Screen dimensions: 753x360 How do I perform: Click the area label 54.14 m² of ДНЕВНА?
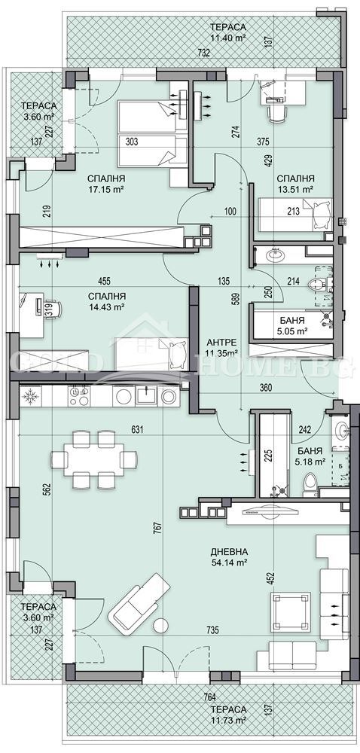tap(230, 562)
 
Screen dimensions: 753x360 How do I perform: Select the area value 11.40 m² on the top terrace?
tap(228, 38)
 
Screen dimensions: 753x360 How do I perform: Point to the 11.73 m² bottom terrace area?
tap(228, 721)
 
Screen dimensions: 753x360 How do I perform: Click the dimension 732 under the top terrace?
tap(182, 53)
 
